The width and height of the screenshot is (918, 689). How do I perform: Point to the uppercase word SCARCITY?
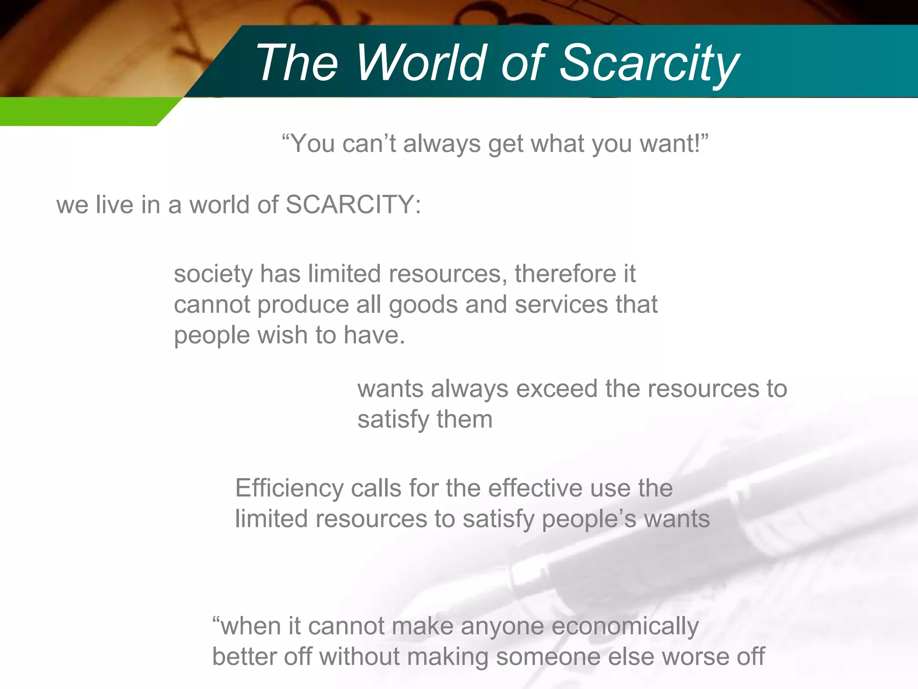(353, 205)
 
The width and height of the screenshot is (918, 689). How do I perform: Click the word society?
(213, 275)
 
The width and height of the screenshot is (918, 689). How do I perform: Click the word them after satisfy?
(464, 420)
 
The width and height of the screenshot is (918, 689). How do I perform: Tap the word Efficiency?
(289, 489)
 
